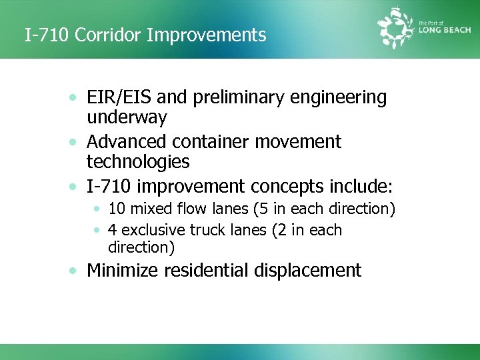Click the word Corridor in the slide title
pyautogui.click(x=108, y=35)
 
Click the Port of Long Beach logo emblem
pyautogui.click(x=397, y=28)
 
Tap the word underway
pyautogui.click(x=127, y=117)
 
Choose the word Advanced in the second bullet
pyautogui.click(x=127, y=141)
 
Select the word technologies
pyautogui.click(x=138, y=161)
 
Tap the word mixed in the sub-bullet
pyautogui.click(x=150, y=209)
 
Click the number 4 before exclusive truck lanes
pyautogui.click(x=113, y=230)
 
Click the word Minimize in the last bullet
pyautogui.click(x=123, y=270)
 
